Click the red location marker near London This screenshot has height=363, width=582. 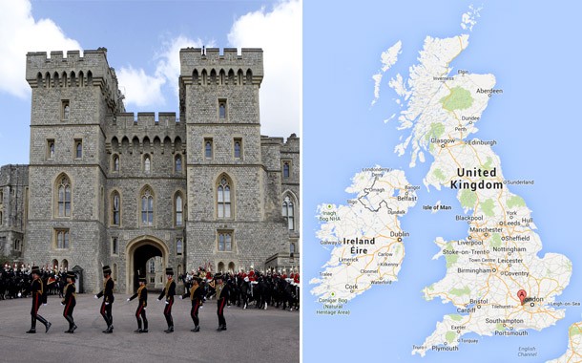522,296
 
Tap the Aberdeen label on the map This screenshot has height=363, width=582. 488,92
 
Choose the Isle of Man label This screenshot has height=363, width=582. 437,207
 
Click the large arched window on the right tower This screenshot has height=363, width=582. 223,198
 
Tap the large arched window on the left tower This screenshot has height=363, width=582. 63,197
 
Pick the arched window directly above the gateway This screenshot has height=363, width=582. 147,207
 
